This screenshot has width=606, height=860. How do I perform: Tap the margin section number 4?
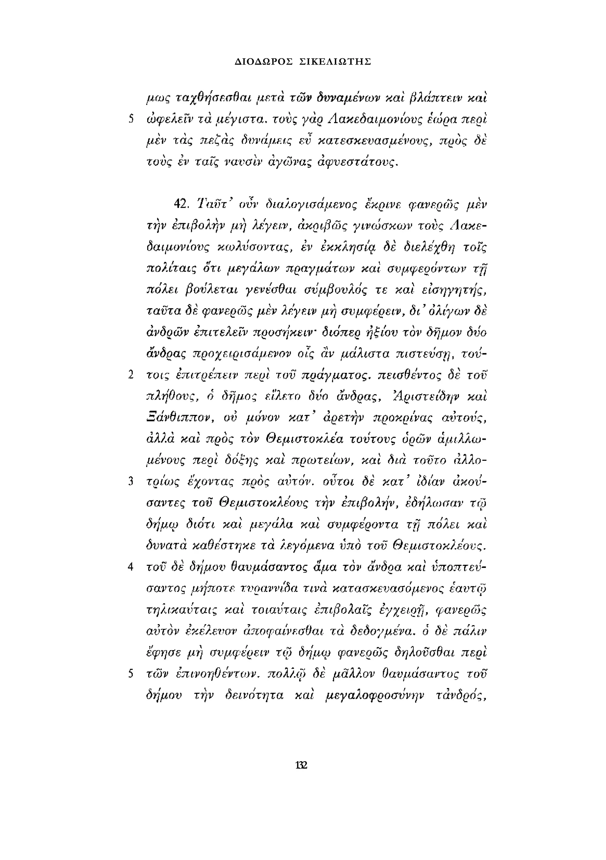pos(131,567)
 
